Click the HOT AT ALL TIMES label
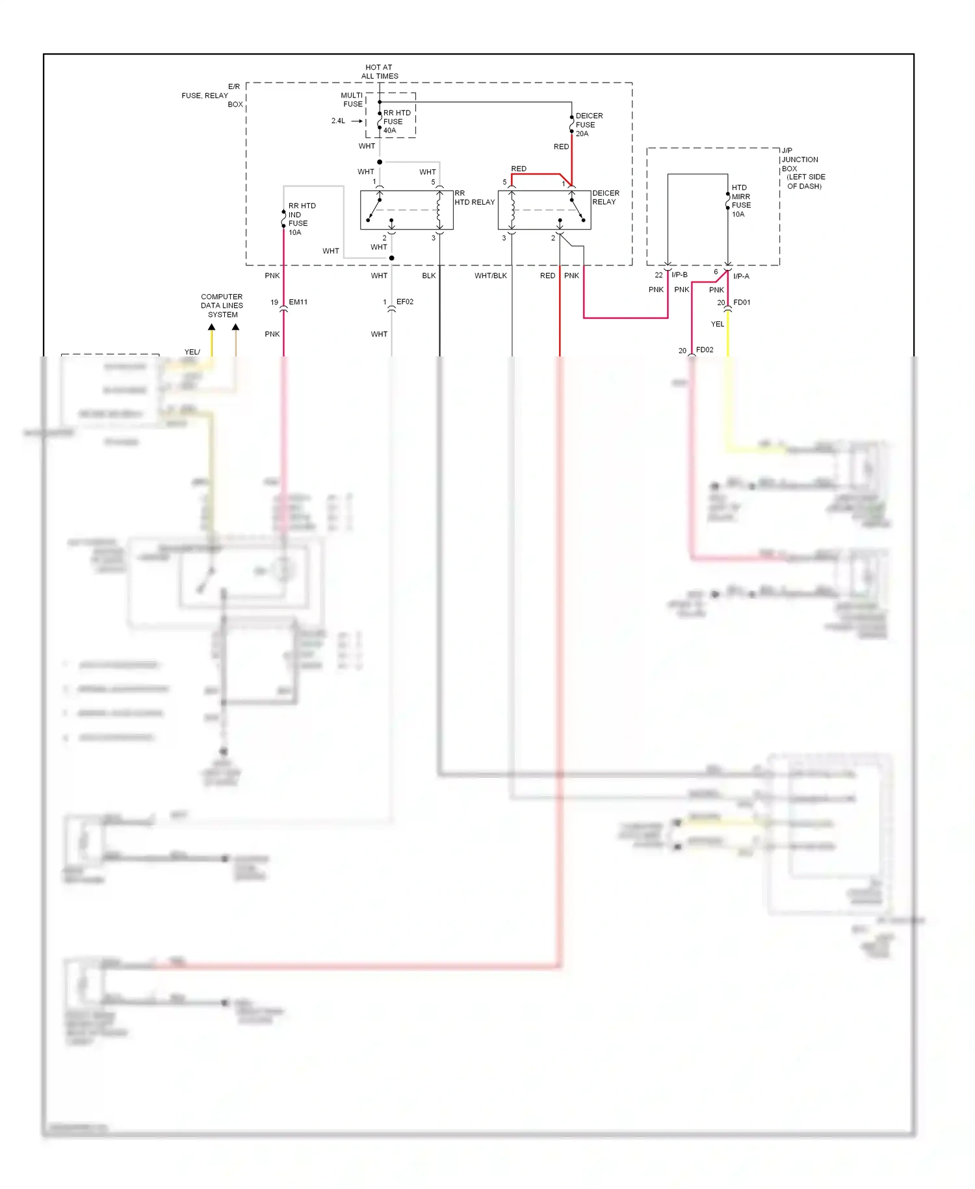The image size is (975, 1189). tap(380, 72)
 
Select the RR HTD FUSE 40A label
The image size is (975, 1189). tap(396, 122)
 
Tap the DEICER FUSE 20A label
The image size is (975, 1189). tap(588, 125)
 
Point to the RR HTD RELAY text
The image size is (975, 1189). tap(474, 198)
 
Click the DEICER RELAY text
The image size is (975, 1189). tap(605, 198)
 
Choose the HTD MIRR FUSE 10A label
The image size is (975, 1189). tap(741, 201)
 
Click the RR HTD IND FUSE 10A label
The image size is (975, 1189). tap(302, 219)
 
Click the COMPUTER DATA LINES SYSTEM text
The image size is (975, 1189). tap(222, 306)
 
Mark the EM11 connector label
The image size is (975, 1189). tap(298, 302)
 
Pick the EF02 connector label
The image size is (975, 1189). tap(405, 302)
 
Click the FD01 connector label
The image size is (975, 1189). tap(742, 302)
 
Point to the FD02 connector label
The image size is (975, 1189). tap(705, 350)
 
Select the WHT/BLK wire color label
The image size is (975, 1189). tap(490, 276)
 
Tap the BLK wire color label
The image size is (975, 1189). tap(428, 276)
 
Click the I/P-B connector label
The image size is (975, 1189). tap(679, 275)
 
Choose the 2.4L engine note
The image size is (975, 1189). tap(338, 121)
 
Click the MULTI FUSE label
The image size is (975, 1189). tap(352, 100)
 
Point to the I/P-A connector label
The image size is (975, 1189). tap(741, 276)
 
